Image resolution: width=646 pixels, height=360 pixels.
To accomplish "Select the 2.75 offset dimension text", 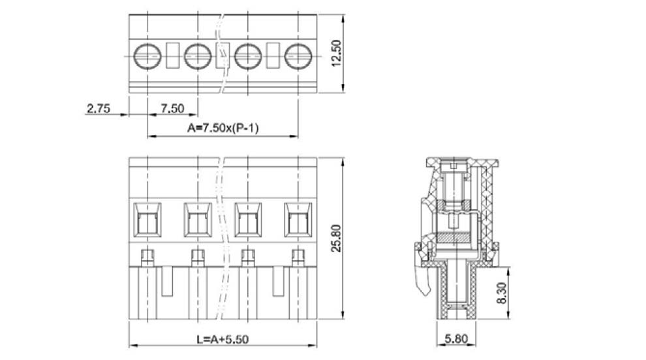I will click(x=99, y=109).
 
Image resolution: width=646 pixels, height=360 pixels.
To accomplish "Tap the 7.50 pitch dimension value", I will click(x=172, y=109).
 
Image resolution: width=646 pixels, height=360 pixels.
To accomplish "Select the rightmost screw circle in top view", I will click(x=298, y=55).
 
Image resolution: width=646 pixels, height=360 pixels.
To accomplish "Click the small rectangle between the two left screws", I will click(x=172, y=55).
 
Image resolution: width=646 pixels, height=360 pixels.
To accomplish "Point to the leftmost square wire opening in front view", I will click(x=147, y=220).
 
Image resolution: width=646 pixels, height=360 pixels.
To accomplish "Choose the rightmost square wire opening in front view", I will click(x=298, y=220).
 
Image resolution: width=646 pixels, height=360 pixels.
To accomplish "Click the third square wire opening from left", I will click(x=247, y=220).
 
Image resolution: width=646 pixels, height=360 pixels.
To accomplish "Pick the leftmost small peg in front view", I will click(x=147, y=255).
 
